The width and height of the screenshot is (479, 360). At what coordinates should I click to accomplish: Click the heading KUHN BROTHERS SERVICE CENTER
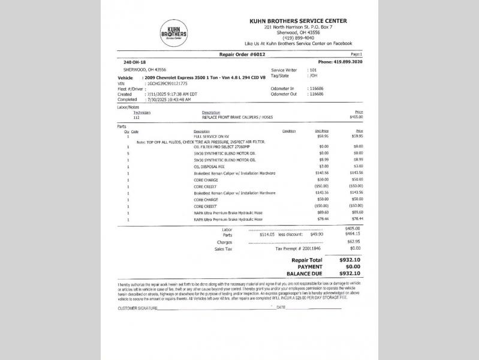click(298, 21)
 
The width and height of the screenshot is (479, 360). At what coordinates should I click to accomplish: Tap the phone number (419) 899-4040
click(298, 38)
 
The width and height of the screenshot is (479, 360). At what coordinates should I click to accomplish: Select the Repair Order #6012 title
click(243, 55)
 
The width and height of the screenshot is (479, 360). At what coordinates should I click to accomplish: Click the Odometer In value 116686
click(315, 88)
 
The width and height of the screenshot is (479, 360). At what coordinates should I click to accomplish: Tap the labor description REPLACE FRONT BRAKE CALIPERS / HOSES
click(238, 117)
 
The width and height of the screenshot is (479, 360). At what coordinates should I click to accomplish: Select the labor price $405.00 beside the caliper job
click(356, 117)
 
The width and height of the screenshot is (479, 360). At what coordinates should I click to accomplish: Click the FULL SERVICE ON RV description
click(212, 136)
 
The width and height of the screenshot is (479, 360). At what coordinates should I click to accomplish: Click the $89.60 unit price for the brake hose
click(322, 213)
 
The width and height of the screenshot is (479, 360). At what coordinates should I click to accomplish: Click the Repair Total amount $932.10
click(350, 260)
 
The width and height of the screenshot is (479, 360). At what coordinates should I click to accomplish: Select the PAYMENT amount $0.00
click(353, 266)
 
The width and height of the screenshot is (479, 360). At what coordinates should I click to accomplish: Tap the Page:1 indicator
click(356, 55)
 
